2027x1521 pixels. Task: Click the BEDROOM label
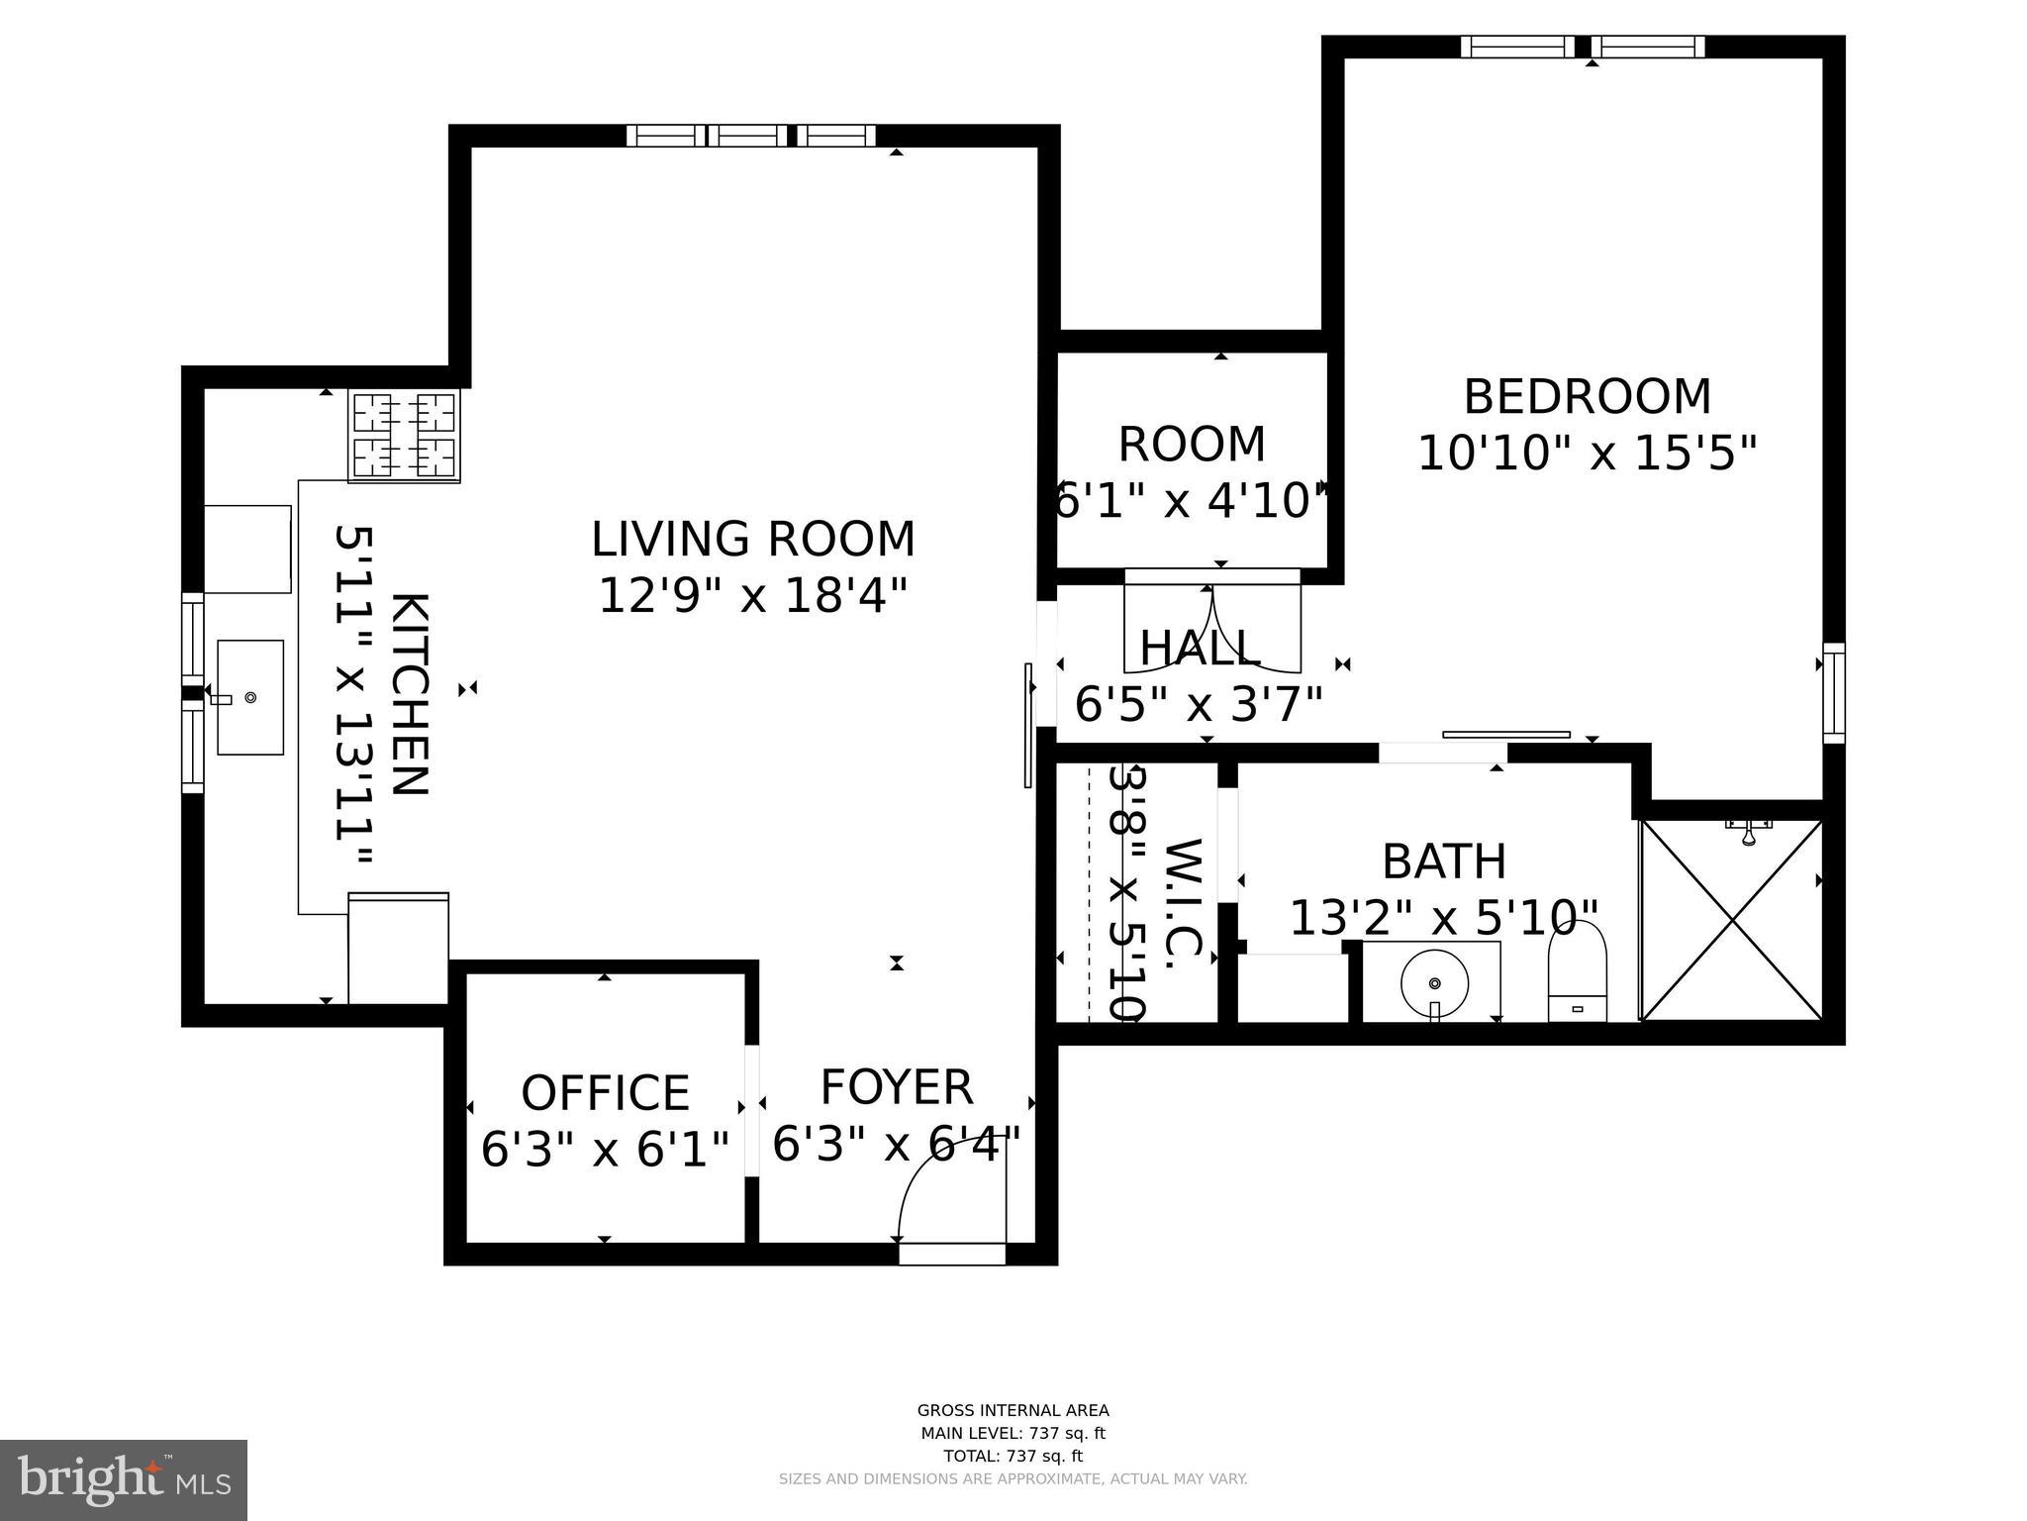click(x=1587, y=397)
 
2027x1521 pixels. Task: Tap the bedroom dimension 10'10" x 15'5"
click(x=1587, y=455)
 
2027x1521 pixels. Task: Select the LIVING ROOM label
click(x=753, y=541)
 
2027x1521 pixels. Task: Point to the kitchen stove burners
click(x=404, y=435)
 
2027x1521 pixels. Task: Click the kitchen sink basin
click(x=249, y=697)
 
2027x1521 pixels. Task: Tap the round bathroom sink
click(x=1434, y=981)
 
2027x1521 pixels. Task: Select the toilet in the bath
click(x=1577, y=970)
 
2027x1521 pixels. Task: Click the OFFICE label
click(x=605, y=1093)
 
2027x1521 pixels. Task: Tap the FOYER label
click(x=897, y=1087)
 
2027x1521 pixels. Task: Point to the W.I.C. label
click(x=1183, y=903)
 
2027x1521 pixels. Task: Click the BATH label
click(x=1443, y=862)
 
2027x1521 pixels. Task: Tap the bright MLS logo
click(x=123, y=1479)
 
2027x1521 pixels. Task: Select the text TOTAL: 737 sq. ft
click(x=1013, y=1456)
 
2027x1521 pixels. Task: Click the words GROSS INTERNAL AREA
click(x=1013, y=1410)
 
